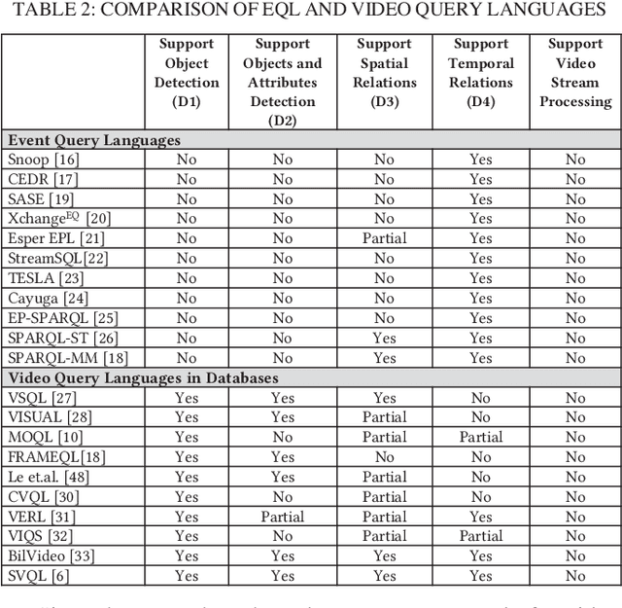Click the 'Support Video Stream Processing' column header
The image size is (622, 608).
coord(575,73)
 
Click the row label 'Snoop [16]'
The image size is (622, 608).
coord(44,160)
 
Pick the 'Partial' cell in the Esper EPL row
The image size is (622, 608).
coord(384,238)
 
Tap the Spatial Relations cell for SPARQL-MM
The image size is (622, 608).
coord(384,358)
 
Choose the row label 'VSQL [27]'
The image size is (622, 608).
coord(42,398)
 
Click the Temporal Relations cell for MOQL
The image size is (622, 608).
coord(481,437)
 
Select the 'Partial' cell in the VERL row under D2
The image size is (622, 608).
coord(282,517)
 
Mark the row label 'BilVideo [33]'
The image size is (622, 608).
coord(51,556)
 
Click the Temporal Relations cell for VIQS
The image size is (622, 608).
coord(481,536)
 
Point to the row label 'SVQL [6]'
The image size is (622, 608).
coord(38,576)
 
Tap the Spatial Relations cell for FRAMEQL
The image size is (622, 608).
coord(384,457)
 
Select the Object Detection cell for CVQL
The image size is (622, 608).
coord(187,497)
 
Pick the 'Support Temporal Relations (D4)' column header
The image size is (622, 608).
coord(481,73)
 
